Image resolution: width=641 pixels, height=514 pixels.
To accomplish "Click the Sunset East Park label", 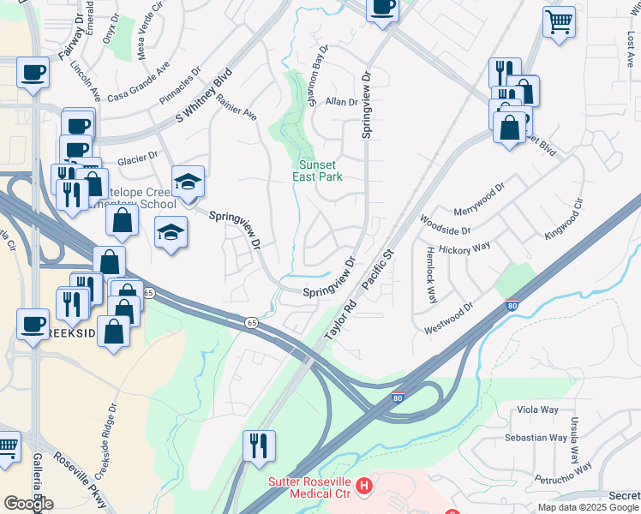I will pos(320,170).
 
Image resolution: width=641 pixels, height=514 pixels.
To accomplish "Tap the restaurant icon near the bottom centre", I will pos(259,445).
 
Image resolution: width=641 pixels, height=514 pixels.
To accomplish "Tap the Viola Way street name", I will pos(538,409).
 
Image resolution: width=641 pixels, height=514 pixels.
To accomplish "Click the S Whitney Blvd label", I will pos(205,96).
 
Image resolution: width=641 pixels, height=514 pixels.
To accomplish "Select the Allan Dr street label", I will pos(341,102).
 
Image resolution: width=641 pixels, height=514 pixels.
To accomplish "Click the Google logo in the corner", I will pos(28,503).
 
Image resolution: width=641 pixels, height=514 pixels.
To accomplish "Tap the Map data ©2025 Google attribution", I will pos(587,507).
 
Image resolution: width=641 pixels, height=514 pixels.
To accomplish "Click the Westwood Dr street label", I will pos(448,319).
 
